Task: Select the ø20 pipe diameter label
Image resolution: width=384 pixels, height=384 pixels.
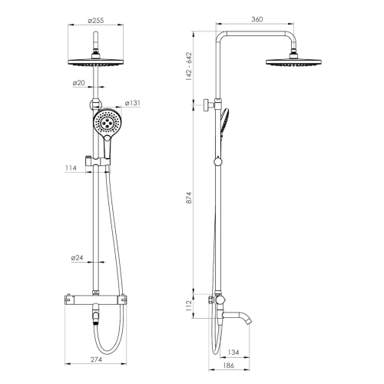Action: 78,82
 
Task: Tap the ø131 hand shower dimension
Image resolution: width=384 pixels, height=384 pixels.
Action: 133,104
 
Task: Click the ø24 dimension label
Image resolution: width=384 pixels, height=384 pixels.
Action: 78,258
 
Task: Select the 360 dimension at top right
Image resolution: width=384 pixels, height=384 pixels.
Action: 257,19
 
